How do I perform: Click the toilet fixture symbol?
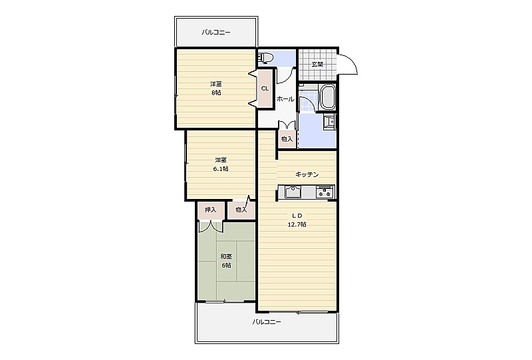tap(265, 58)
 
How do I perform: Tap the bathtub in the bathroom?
tap(328, 96)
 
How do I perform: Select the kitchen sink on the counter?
tap(293, 192)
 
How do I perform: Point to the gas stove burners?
tap(325, 192)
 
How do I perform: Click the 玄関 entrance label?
tap(317, 65)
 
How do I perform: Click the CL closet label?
tap(265, 89)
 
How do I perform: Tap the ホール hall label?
tap(285, 99)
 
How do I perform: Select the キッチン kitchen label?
tap(307, 174)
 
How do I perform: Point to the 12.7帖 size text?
tap(297, 224)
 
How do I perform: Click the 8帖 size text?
tap(216, 92)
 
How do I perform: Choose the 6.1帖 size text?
tap(221, 169)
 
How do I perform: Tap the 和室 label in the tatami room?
tap(226, 256)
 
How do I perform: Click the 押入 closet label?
tap(211, 210)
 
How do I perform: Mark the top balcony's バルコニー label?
tap(216, 33)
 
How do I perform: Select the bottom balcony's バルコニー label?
tap(267, 322)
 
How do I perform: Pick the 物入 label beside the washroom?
tap(287, 139)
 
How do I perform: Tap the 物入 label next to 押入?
tap(241, 210)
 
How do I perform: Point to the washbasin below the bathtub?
tap(329, 121)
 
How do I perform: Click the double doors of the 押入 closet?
tap(211, 227)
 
